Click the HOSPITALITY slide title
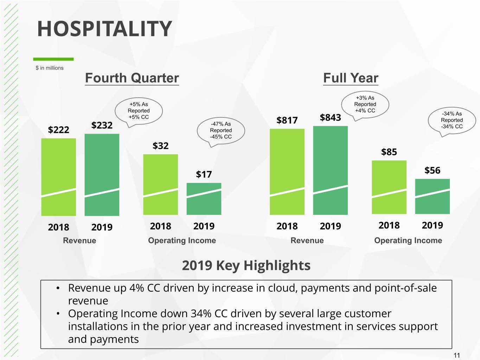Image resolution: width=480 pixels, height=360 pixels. (x=104, y=28)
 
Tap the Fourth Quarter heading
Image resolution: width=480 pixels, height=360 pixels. (x=132, y=78)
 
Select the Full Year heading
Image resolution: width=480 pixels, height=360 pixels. (x=351, y=78)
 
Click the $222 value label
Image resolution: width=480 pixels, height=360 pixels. (x=59, y=130)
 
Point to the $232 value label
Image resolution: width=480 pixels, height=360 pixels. (x=102, y=125)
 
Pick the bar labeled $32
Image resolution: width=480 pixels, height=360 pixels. (x=160, y=185)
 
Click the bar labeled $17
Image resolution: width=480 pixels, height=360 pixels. (x=204, y=199)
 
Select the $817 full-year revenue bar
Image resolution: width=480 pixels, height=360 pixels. (x=287, y=172)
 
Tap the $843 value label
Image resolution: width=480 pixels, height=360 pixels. (x=330, y=117)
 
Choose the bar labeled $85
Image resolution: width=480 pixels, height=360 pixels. (x=389, y=187)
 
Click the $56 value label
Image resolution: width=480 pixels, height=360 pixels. (x=432, y=170)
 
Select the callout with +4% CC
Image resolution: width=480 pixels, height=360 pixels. (x=365, y=104)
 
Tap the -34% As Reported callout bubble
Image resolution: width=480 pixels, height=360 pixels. (x=452, y=120)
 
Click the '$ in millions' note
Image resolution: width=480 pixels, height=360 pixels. (x=50, y=68)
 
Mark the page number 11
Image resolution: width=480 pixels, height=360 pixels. (x=456, y=355)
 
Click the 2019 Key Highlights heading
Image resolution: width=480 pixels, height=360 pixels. (x=246, y=265)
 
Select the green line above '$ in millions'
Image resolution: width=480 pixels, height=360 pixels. (x=53, y=59)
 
